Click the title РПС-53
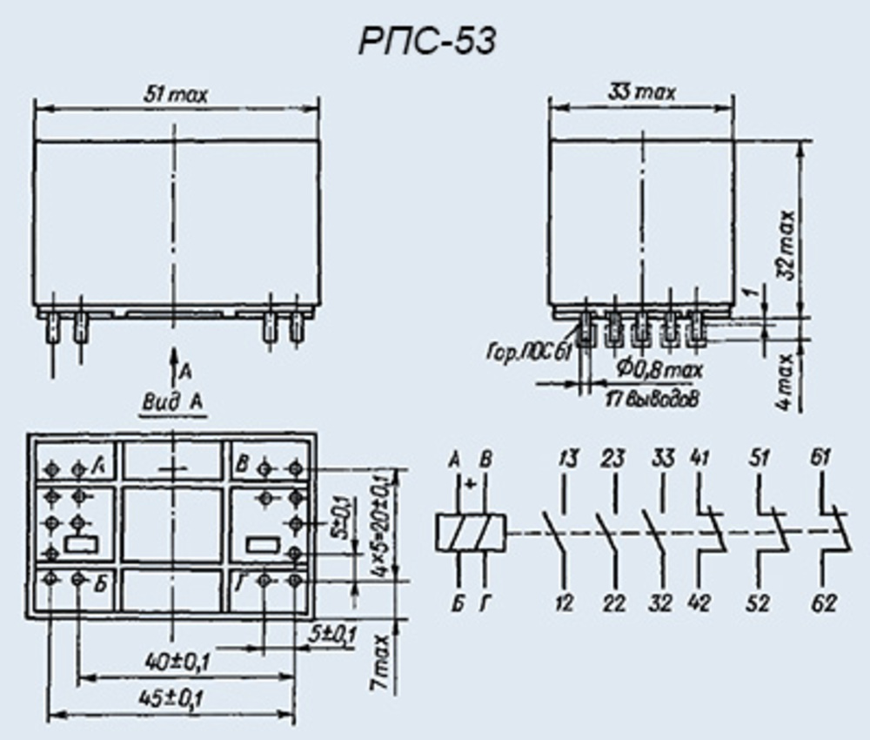point(426,41)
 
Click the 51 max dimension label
point(177,94)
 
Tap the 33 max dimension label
point(643,92)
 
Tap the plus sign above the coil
point(471,483)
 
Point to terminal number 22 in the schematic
point(614,602)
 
